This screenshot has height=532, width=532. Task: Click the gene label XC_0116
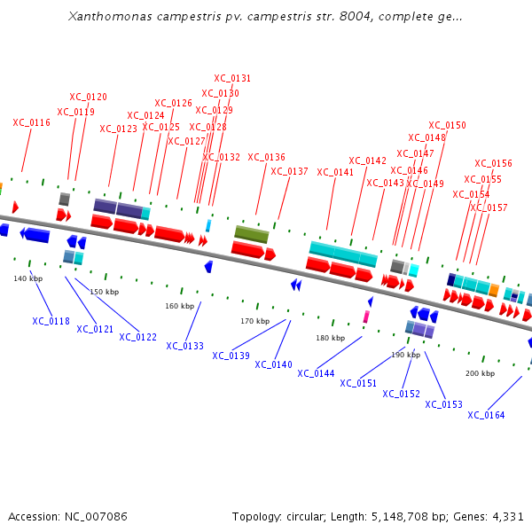(x=31, y=122)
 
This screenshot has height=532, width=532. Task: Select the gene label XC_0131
(x=232, y=78)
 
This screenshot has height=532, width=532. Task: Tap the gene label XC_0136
(x=266, y=157)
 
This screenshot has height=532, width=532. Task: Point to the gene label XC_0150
(x=447, y=125)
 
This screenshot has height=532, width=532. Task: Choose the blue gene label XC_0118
(x=51, y=321)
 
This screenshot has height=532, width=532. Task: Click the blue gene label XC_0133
(x=184, y=346)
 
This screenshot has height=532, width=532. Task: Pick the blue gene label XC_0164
(x=486, y=415)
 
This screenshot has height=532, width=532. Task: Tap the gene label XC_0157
(x=489, y=207)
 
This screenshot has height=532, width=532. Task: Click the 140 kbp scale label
(x=27, y=278)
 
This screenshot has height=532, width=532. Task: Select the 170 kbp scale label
(x=254, y=321)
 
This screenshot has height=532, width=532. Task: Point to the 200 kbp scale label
(x=480, y=373)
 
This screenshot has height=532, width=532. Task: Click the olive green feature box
(x=251, y=234)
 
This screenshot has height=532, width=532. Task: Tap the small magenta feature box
(x=365, y=317)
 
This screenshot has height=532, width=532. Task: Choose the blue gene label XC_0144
(x=316, y=373)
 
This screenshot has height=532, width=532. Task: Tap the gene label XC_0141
(x=335, y=172)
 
